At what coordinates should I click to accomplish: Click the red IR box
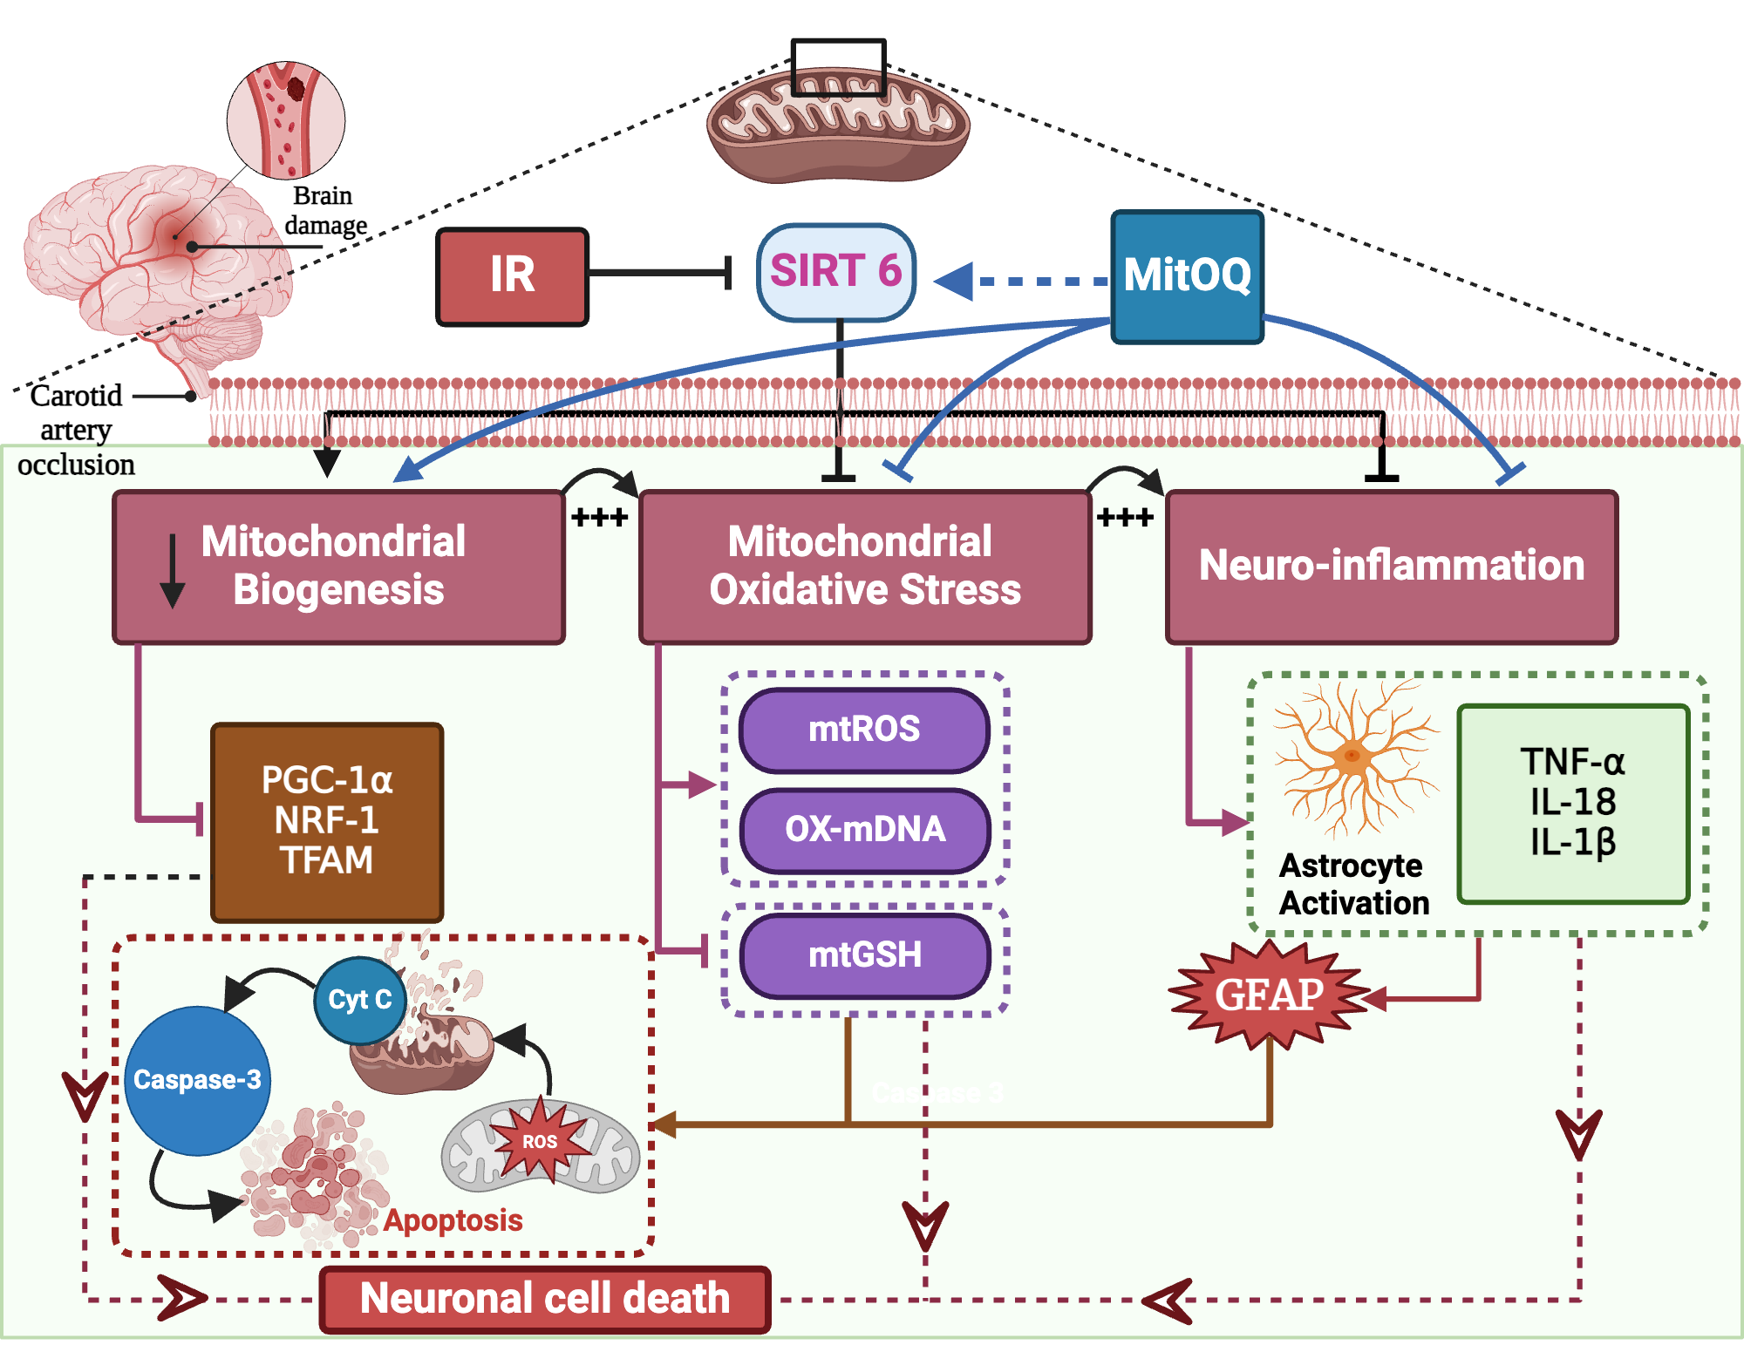point(512,276)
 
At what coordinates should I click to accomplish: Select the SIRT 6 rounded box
point(835,272)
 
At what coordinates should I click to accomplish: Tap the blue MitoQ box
point(1187,276)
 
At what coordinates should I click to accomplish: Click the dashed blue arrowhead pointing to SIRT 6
point(955,282)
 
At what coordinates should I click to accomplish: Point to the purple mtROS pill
point(864,730)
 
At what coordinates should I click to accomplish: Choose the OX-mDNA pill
point(864,830)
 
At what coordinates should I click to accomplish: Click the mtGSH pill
point(864,955)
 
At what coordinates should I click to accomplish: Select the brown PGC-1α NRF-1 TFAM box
point(327,821)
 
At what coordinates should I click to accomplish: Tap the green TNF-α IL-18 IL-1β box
point(1573,803)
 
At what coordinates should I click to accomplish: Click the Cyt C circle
point(359,1000)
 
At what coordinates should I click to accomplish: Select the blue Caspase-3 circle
point(197,1080)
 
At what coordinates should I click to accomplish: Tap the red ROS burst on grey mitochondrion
point(540,1141)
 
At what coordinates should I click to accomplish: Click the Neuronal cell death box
point(545,1299)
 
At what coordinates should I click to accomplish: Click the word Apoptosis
point(453,1220)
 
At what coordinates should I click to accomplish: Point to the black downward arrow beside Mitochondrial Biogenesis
point(173,571)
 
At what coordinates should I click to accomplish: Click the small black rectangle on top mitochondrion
point(838,67)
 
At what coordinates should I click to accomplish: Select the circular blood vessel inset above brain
point(286,120)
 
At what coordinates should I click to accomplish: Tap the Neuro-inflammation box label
point(1391,566)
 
